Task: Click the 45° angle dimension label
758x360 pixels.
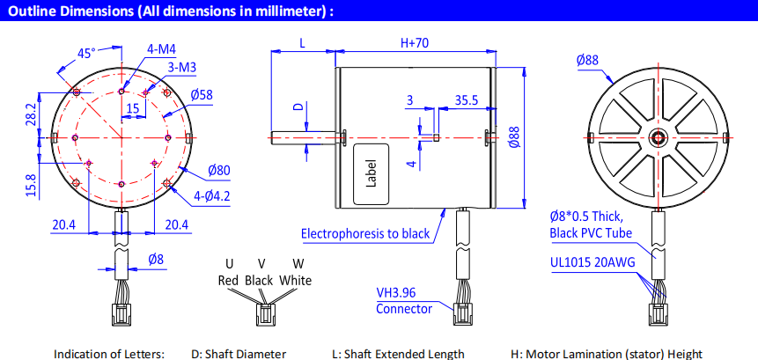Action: [x=86, y=54]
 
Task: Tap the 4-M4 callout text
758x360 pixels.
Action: [x=161, y=48]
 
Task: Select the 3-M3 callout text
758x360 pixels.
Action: [x=181, y=67]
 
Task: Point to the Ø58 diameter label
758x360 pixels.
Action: [x=202, y=94]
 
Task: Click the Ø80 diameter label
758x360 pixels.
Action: [x=219, y=170]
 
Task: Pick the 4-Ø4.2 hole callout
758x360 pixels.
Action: [x=211, y=195]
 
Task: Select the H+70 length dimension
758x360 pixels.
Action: [x=415, y=42]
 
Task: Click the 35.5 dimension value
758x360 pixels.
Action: [x=467, y=100]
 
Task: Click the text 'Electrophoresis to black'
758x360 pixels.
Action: [x=365, y=233]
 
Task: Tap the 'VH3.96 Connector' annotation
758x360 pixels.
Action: [x=404, y=301]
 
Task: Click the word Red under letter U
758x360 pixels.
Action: [x=227, y=281]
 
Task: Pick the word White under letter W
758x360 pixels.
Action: [x=295, y=281]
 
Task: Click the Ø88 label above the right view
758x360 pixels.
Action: [x=588, y=60]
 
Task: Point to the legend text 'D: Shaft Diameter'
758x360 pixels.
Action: [x=239, y=354]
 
